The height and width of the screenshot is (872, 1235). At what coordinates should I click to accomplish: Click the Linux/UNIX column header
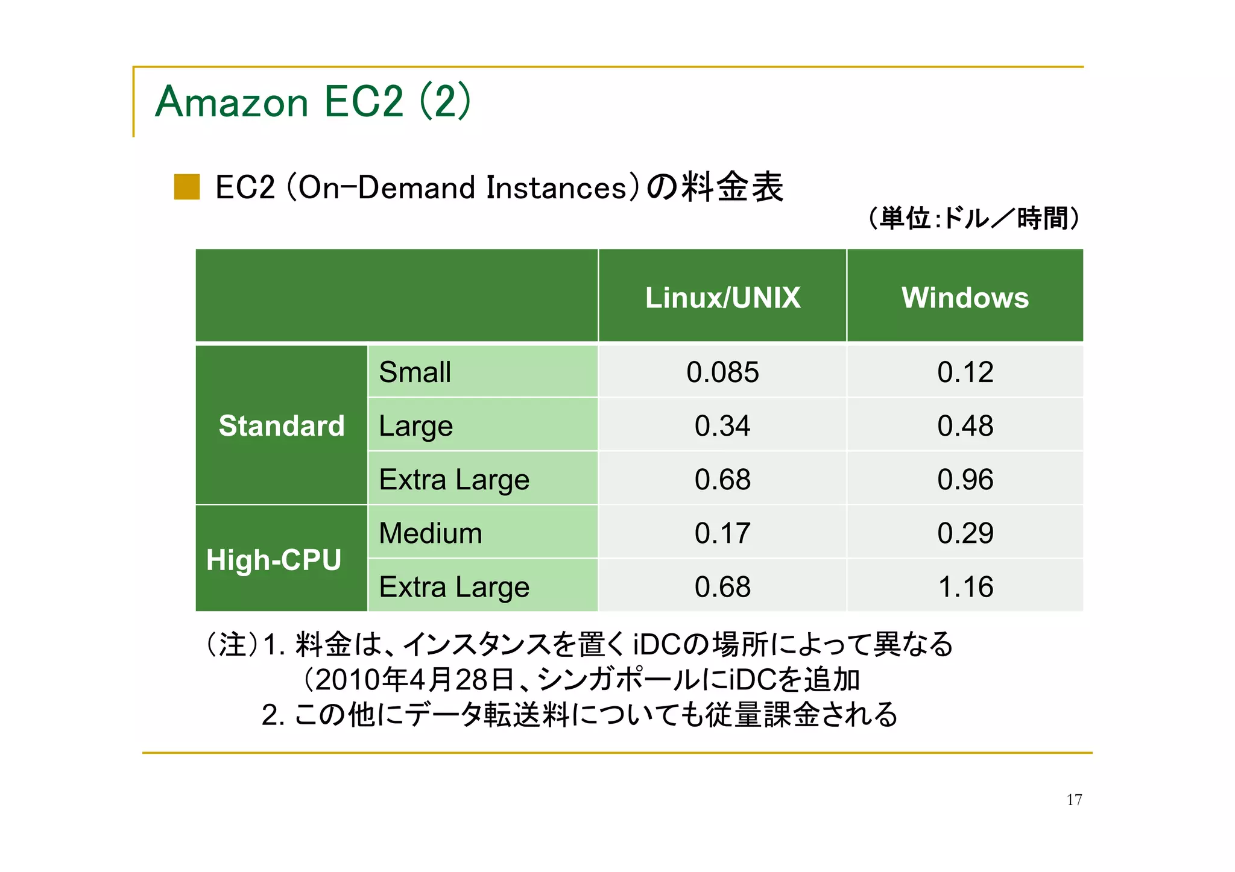722,297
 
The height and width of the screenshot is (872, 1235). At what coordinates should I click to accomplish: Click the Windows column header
965,297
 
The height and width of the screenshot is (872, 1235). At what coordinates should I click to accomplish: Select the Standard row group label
281,425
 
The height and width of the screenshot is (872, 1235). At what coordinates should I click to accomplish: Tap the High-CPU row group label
274,559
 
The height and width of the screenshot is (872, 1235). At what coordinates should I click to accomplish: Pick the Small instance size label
415,372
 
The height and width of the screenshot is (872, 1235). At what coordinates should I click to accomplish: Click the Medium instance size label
431,533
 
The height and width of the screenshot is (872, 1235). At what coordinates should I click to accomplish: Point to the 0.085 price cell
722,372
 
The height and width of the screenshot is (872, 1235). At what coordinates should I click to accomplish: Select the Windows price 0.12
965,372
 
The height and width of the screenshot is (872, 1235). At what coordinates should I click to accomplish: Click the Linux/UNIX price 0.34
722,425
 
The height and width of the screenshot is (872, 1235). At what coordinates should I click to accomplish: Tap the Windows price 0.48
965,425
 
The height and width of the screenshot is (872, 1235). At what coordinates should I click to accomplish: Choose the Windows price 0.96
965,479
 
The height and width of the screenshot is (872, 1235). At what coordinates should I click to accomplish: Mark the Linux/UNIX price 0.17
722,533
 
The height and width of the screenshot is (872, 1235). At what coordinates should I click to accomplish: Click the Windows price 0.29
965,533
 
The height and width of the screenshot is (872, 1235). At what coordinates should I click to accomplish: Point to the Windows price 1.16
965,586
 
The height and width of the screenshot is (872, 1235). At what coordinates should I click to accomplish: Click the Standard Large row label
415,425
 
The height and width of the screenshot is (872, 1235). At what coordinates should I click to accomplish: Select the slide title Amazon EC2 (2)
312,101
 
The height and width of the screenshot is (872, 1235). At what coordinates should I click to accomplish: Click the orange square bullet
187,187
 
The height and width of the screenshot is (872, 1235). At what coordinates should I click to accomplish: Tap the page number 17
1074,800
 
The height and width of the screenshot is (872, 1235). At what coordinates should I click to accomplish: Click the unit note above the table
973,218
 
